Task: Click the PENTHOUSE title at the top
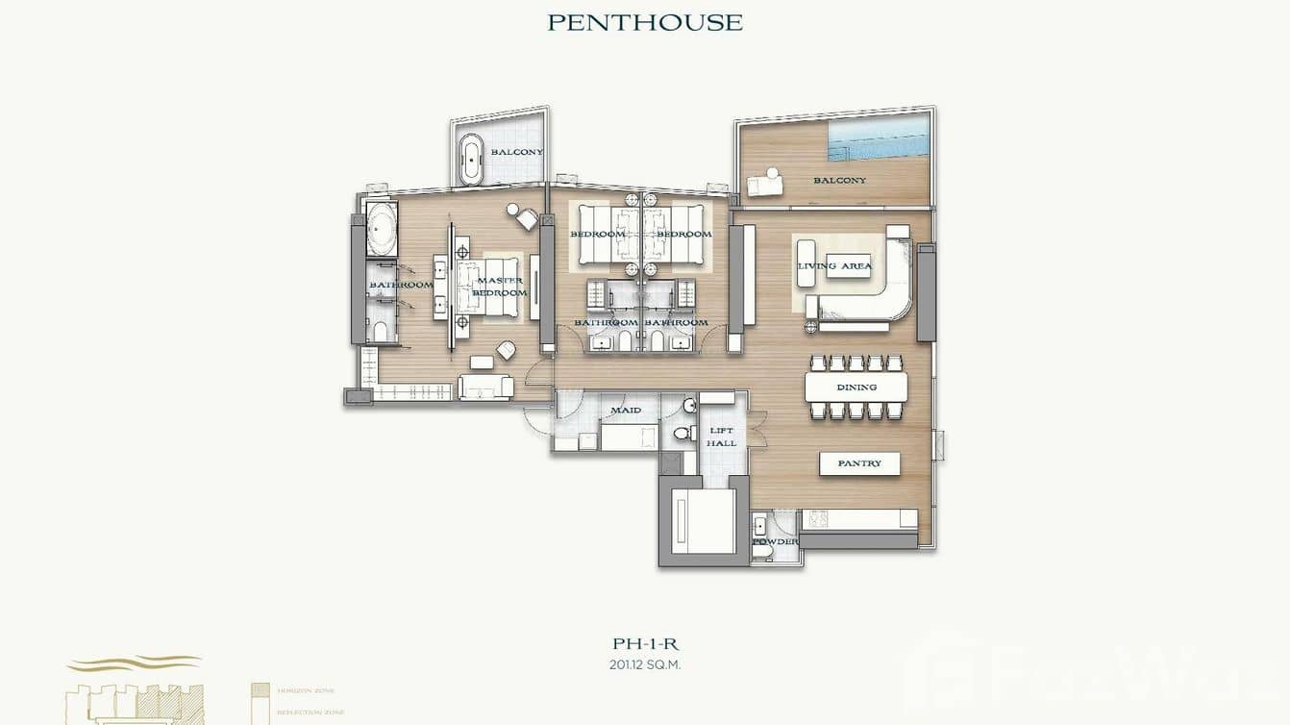click(x=645, y=22)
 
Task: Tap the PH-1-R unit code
click(x=645, y=644)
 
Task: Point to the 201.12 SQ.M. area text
click(x=645, y=664)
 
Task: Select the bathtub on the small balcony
click(x=472, y=159)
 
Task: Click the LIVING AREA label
click(x=834, y=266)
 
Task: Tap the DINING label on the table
click(x=856, y=387)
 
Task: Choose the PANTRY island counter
click(x=859, y=463)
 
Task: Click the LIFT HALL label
click(x=721, y=437)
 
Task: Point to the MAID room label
click(x=626, y=411)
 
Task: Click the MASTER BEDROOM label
click(x=501, y=287)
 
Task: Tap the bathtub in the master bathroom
click(x=382, y=229)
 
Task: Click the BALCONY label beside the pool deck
click(x=839, y=180)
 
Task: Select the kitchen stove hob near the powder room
click(x=818, y=518)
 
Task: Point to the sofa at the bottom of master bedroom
click(x=486, y=387)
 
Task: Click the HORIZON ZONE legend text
click(x=305, y=690)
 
